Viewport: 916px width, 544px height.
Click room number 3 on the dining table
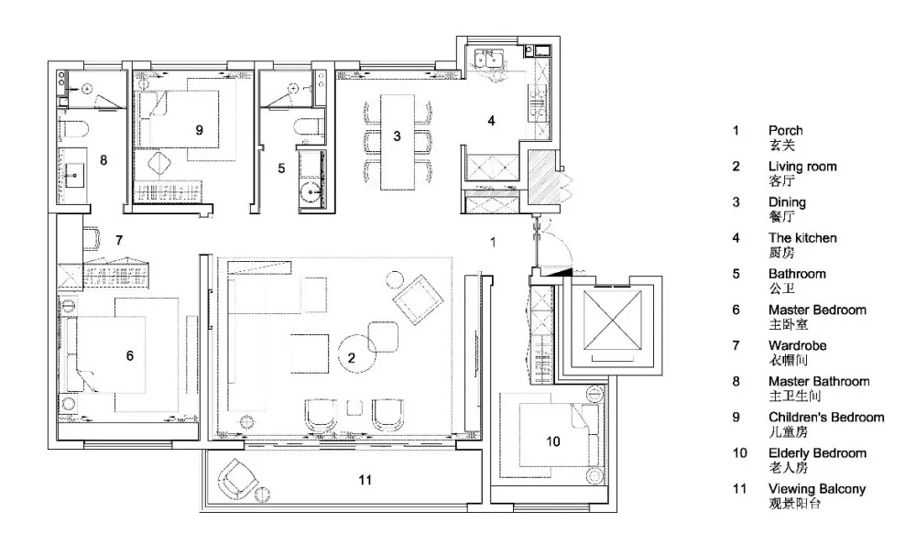click(397, 136)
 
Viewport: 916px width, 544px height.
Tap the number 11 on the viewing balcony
click(365, 480)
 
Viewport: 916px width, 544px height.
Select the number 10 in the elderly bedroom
click(552, 441)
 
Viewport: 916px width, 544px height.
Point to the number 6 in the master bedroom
click(130, 355)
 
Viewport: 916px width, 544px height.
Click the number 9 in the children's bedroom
click(199, 130)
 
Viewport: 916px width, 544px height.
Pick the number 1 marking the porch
click(493, 242)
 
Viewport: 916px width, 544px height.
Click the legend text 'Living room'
click(802, 167)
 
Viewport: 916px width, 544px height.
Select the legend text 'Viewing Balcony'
click(817, 489)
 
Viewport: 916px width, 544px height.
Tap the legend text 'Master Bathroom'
click(819, 382)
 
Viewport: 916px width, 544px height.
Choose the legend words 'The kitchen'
click(802, 238)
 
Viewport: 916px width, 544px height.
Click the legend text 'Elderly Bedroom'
click(817, 452)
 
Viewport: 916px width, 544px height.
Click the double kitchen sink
click(489, 59)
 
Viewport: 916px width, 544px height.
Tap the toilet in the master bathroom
click(73, 130)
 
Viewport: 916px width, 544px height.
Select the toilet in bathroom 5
click(308, 128)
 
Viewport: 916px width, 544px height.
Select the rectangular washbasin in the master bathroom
click(73, 175)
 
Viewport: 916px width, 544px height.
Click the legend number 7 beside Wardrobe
click(736, 345)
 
